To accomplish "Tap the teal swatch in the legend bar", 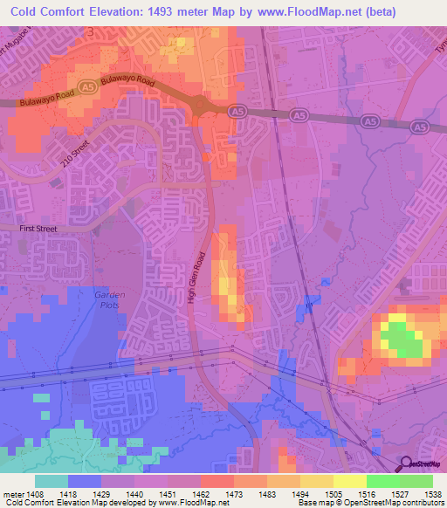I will [x=52, y=481].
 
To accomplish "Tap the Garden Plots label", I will [x=109, y=300].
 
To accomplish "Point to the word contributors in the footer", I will [x=421, y=503].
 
